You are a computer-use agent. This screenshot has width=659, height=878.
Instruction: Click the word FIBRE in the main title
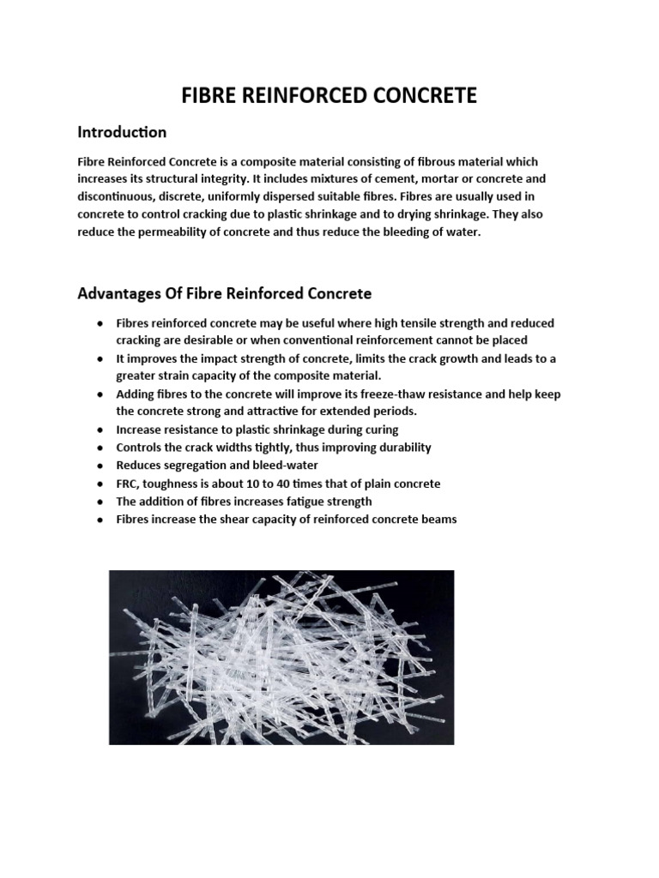pos(209,96)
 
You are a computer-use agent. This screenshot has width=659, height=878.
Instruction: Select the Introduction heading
pos(122,133)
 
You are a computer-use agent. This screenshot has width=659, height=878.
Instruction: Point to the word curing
pos(381,430)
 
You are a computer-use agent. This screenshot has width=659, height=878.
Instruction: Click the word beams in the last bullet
pos(437,520)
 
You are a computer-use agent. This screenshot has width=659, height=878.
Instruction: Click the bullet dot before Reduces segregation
pos(100,466)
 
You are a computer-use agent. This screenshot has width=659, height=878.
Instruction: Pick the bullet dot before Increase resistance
pos(100,430)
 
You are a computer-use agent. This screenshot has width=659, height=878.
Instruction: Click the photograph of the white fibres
pos(281,658)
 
